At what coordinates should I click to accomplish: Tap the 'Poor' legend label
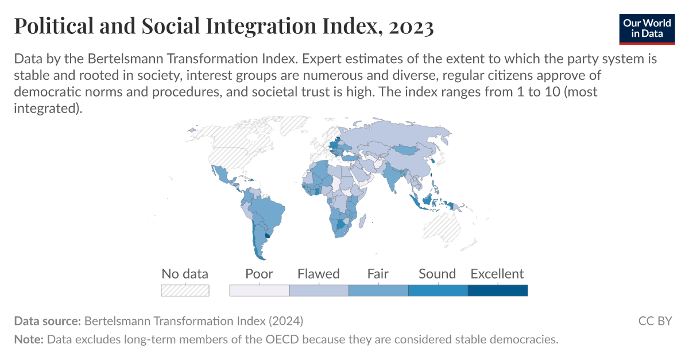[x=259, y=274]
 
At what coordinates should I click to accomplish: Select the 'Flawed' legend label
[x=319, y=274]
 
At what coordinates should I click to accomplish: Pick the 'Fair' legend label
[x=378, y=274]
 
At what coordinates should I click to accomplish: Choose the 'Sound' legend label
[x=438, y=274]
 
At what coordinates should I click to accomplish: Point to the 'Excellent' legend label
[x=497, y=274]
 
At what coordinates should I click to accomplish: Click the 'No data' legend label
[x=185, y=274]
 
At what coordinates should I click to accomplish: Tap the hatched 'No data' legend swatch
[x=185, y=291]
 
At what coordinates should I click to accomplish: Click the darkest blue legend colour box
[x=497, y=291]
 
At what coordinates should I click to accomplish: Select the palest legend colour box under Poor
[x=259, y=291]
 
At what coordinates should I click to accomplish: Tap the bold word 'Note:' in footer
[x=29, y=339]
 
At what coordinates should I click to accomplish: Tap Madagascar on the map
[x=372, y=222]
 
